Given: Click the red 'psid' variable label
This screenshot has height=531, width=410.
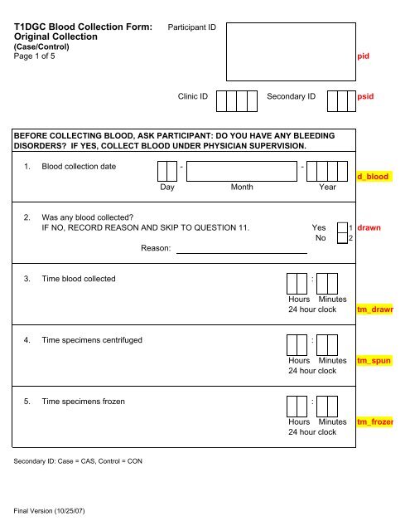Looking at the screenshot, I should click(x=365, y=96).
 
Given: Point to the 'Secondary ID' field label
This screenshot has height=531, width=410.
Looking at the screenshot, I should click(x=292, y=96).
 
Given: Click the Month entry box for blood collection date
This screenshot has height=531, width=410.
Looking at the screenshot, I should click(x=242, y=170).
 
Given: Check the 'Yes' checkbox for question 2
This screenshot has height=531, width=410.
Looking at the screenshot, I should click(x=340, y=227).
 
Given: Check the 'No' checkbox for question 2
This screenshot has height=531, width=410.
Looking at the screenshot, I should click(x=340, y=239).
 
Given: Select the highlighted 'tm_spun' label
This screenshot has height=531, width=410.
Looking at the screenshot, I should click(x=374, y=362).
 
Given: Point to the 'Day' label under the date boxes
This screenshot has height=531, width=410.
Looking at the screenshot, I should click(x=168, y=188).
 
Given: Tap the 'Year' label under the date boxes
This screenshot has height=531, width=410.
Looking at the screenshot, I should click(x=328, y=188).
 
